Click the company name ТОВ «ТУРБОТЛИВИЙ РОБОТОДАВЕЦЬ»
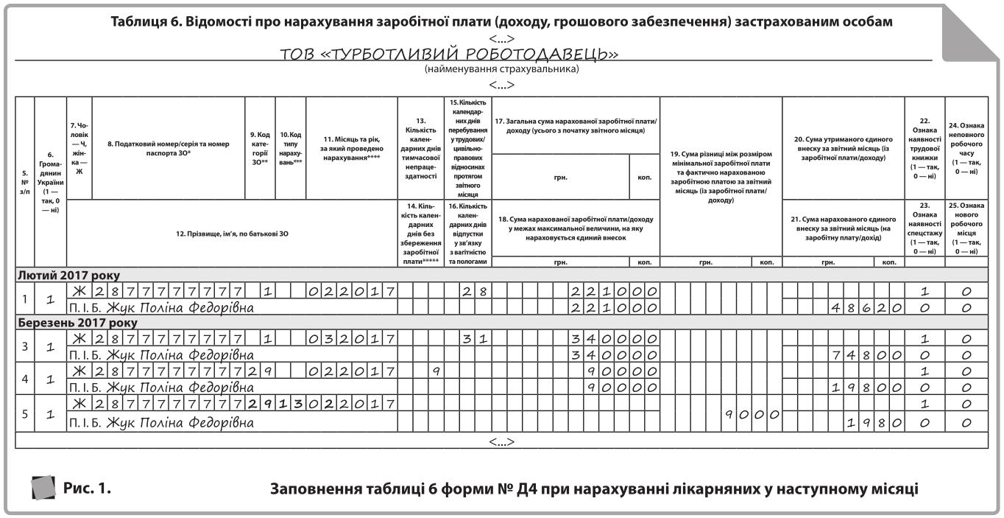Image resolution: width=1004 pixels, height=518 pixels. [x=449, y=55]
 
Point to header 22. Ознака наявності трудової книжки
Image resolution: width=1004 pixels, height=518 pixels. [x=925, y=147]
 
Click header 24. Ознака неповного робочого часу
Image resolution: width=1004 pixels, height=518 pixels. [x=966, y=147]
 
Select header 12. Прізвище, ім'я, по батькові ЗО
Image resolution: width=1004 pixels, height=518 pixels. [x=230, y=234]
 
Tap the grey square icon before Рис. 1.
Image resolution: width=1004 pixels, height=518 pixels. [x=45, y=487]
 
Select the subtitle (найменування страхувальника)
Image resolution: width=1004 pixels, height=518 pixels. [x=501, y=69]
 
